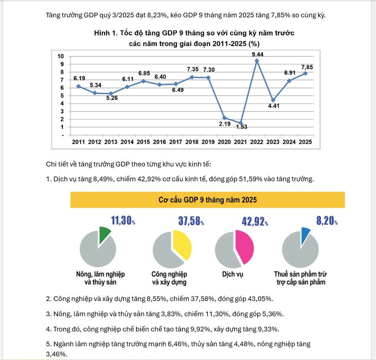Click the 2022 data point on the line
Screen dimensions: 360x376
[x=257, y=61]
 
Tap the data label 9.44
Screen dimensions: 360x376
[x=257, y=54]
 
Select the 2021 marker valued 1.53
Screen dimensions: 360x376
[x=241, y=123]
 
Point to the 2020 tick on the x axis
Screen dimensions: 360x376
[x=224, y=142]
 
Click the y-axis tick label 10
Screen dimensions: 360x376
[x=60, y=56]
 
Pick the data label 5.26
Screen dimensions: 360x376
[x=112, y=98]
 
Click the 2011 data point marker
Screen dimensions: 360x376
[x=79, y=86]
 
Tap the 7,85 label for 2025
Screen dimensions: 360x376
[x=307, y=67]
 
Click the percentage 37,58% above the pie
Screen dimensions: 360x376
[x=190, y=221]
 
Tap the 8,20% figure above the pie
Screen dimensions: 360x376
[x=327, y=221]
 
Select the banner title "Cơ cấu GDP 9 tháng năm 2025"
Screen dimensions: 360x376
[x=207, y=200]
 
